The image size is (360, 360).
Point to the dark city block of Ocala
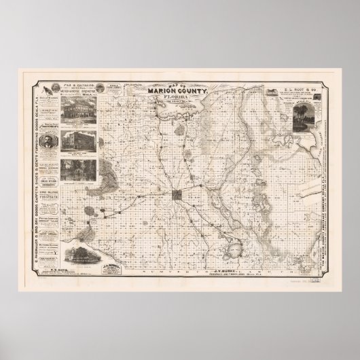pos(178,197)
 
